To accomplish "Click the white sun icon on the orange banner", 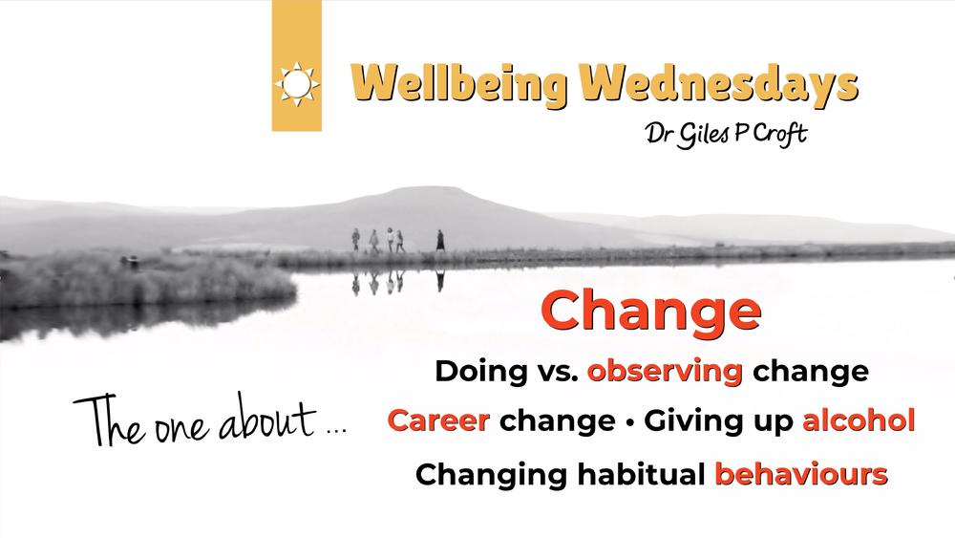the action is point(297,84).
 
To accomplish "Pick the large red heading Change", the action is point(651,311).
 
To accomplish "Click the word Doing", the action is point(481,371).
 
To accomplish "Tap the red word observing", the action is point(665,371).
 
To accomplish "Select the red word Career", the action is point(438,420).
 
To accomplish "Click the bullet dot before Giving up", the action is point(629,421).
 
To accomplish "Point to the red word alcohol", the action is point(859,420).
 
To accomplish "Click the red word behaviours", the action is point(801,474).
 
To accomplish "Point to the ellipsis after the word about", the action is point(336,431).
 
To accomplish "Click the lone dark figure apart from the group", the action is point(439,240).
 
